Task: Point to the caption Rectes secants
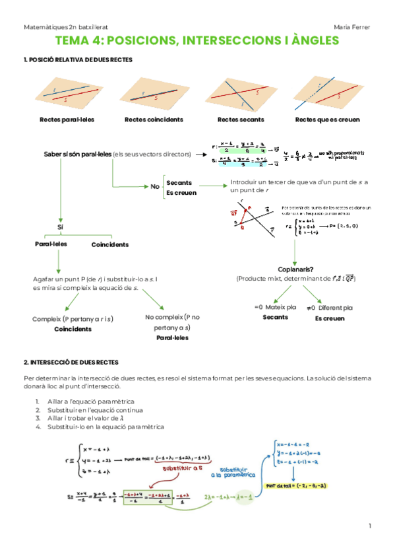click(240, 120)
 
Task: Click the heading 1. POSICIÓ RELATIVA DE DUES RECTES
click(78, 60)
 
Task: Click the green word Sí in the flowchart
click(60, 227)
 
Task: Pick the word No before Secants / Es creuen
click(155, 187)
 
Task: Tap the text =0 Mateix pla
click(276, 307)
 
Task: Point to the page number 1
click(370, 526)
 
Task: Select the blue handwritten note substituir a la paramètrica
click(238, 471)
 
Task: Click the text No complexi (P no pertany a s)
click(172, 322)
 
